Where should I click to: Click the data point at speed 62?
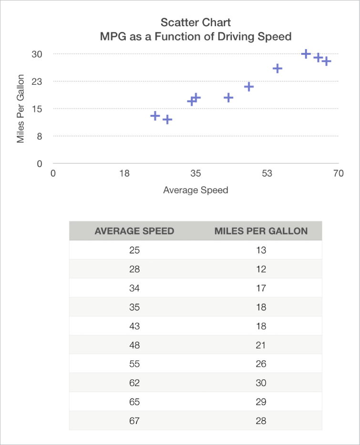tap(306, 54)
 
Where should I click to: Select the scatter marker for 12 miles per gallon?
tap(167, 120)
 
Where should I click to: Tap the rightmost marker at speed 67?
tap(326, 61)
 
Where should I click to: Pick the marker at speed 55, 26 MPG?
tap(278, 69)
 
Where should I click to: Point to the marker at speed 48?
tap(248, 87)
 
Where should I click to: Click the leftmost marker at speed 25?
tap(155, 116)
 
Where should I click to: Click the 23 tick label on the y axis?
tap(37, 81)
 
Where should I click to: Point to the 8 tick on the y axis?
tap(40, 136)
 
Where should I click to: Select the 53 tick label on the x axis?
tap(267, 173)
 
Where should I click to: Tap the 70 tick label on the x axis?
tap(338, 173)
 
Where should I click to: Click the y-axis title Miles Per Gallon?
tap(21, 109)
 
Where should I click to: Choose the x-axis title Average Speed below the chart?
tap(195, 190)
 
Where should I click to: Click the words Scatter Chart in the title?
tap(195, 22)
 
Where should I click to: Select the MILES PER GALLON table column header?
tap(261, 231)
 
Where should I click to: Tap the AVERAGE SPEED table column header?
tap(134, 231)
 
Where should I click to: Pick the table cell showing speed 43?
tap(134, 326)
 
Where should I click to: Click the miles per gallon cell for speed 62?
tap(261, 383)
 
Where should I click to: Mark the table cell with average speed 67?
tap(134, 421)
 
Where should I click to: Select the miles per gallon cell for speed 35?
tap(261, 307)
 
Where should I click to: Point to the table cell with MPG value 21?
tap(261, 345)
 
